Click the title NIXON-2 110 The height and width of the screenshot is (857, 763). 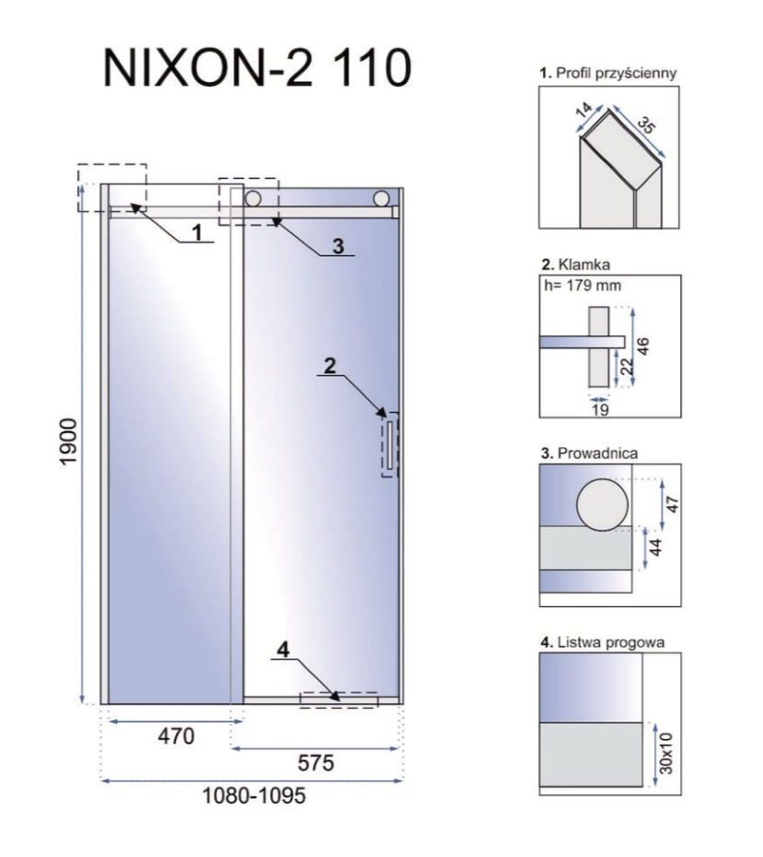tap(257, 68)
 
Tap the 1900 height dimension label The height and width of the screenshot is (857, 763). tap(69, 442)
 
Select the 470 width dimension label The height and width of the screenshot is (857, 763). tap(176, 736)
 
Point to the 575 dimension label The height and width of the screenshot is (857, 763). tap(316, 763)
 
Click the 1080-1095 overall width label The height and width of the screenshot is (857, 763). tap(254, 796)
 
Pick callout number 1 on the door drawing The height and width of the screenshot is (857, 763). tap(197, 233)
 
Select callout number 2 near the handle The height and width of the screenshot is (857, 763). tap(330, 366)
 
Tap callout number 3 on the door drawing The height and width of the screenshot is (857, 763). tap(338, 246)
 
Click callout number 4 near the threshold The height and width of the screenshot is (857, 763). tap(283, 650)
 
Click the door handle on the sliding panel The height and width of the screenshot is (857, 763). tap(390, 445)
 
